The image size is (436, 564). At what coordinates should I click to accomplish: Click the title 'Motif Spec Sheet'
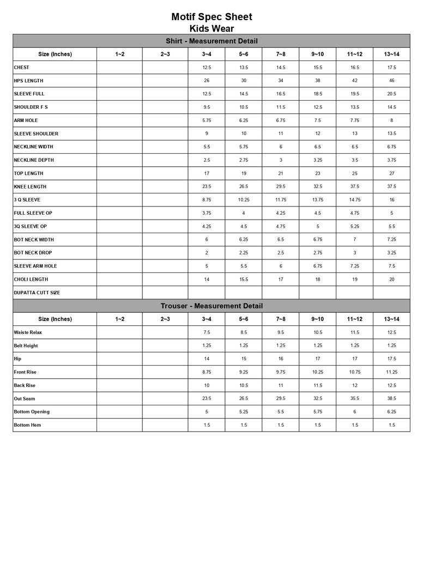point(211,17)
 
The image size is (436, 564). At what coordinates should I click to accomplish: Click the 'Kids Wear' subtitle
point(211,28)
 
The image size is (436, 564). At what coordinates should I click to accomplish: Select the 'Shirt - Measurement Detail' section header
point(211,41)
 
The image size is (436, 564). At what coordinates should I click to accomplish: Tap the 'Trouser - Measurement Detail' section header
point(211,306)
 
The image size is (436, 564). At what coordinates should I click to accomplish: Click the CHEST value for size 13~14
point(391,68)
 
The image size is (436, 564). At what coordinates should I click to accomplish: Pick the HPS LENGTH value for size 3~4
point(206,81)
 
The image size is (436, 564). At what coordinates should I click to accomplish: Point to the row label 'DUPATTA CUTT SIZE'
point(37,293)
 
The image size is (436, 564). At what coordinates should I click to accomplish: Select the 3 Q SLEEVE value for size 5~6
point(243,200)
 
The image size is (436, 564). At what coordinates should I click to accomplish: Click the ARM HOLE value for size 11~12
point(354,120)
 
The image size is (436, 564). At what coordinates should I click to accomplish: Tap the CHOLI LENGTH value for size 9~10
point(317,280)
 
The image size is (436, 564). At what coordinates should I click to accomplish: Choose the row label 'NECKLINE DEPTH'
point(34,160)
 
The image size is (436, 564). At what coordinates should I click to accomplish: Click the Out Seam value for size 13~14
point(391,399)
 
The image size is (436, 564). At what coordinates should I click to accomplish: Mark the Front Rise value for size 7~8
point(280,372)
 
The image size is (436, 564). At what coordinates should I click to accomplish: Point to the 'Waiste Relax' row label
point(29,332)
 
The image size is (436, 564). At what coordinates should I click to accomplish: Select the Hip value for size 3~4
point(206,359)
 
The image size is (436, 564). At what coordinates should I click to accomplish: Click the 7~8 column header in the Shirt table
point(280,54)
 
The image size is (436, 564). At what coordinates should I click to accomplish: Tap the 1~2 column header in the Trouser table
point(119,319)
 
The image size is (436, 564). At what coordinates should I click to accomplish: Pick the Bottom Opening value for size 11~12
point(354,412)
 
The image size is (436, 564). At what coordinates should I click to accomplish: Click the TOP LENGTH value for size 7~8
point(280,173)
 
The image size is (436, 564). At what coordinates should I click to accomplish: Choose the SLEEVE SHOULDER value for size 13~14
point(391,134)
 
